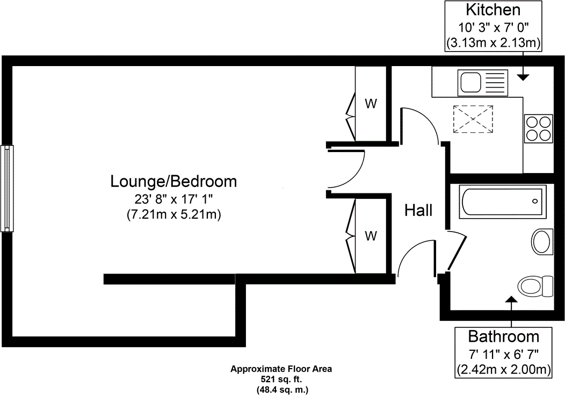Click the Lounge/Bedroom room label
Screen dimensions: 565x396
(173, 182)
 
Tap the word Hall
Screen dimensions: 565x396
(418, 210)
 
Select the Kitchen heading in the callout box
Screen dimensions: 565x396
(493, 10)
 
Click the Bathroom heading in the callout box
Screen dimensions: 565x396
(503, 336)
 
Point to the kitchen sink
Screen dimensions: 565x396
(483, 83)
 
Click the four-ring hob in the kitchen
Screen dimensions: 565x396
(539, 129)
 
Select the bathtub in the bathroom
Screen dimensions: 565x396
(503, 201)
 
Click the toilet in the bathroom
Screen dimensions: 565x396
(535, 286)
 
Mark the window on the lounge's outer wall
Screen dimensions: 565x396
(7, 188)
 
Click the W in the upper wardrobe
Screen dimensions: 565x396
(371, 104)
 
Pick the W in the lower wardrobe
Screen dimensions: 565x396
(371, 236)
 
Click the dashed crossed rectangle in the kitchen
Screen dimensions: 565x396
(473, 119)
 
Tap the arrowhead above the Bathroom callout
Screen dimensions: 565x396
(511, 299)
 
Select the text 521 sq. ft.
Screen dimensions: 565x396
(281, 379)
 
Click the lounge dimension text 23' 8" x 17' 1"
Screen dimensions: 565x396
(173, 199)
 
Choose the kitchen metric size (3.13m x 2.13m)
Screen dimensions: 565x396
(493, 44)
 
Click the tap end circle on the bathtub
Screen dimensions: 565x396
(535, 201)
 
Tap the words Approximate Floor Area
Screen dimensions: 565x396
(281, 369)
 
